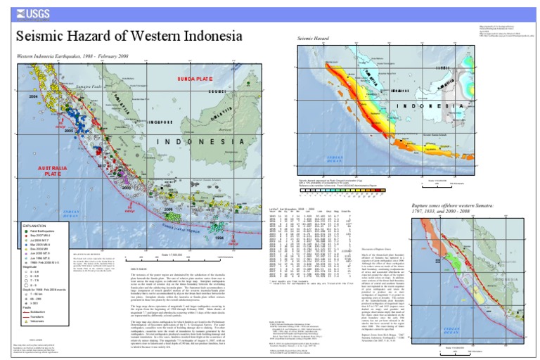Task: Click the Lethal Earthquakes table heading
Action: click(289, 208)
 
